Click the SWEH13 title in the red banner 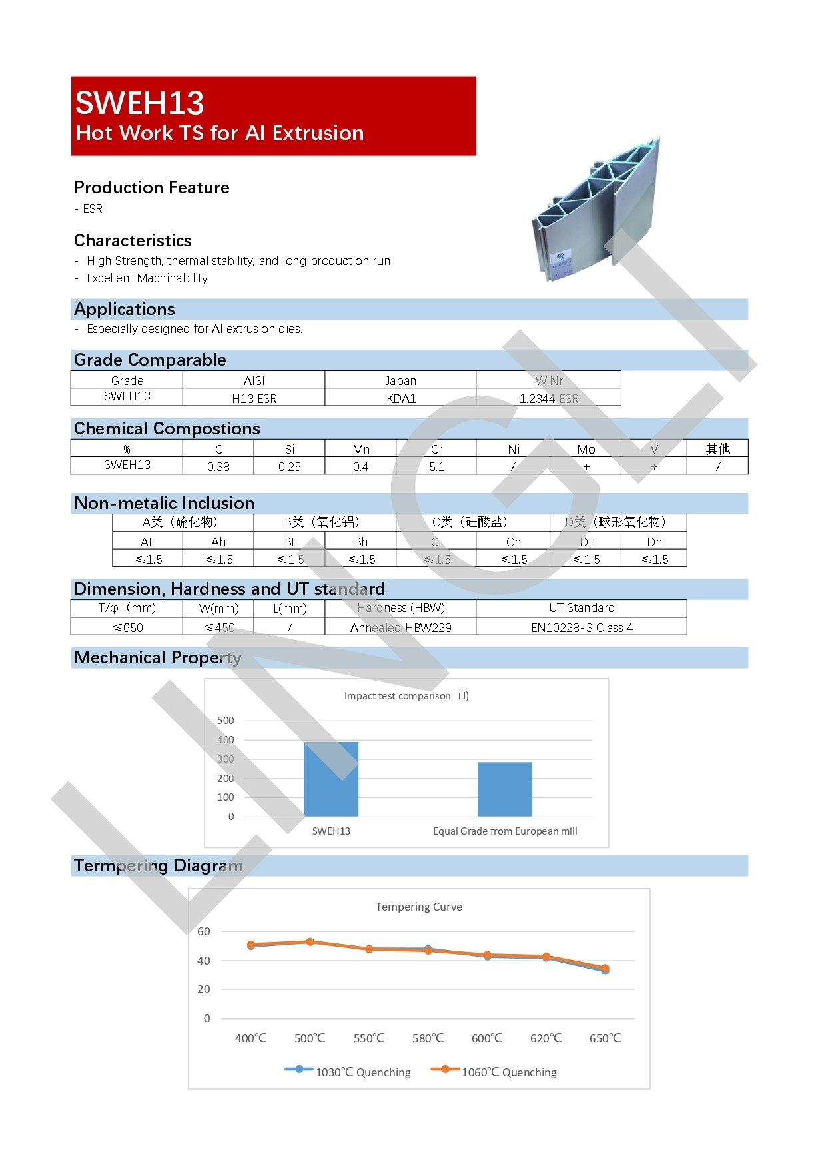click(139, 103)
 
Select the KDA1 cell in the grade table click(400, 398)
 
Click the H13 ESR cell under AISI click(254, 398)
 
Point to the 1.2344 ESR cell click(548, 398)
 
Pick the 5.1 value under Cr click(436, 466)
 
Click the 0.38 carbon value click(218, 466)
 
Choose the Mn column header click(360, 449)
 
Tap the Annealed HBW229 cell click(400, 627)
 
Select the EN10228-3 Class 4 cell click(581, 627)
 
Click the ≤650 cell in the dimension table click(127, 627)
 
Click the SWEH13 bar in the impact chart click(331, 779)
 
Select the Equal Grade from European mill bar click(504, 789)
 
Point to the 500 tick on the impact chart click(225, 720)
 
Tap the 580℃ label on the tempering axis click(428, 1038)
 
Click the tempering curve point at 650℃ click(605, 969)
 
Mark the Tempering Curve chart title click(418, 907)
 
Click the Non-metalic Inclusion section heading click(164, 503)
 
